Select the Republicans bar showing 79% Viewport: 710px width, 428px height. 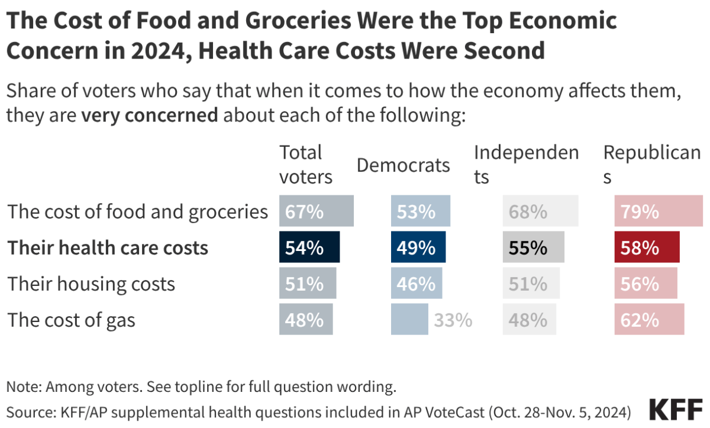(659, 211)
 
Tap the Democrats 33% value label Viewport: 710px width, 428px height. (453, 320)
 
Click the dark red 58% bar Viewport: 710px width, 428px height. (647, 247)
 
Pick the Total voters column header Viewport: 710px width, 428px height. (306, 165)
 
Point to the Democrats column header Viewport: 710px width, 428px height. (403, 165)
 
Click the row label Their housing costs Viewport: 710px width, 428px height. (91, 284)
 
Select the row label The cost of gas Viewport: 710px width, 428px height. (72, 320)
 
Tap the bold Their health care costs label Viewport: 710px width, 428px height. (108, 247)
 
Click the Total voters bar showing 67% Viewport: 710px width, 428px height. (317, 211)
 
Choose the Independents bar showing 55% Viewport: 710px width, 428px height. (533, 247)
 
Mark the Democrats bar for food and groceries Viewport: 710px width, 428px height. (421, 211)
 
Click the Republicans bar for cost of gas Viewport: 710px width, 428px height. (649, 320)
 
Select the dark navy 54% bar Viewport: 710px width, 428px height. (309, 247)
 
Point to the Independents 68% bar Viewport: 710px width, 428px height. (540, 211)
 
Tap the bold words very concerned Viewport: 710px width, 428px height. (150, 115)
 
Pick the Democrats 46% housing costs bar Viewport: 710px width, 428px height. (417, 284)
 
